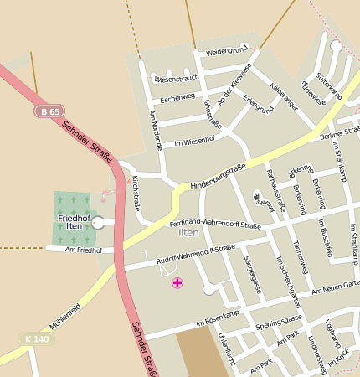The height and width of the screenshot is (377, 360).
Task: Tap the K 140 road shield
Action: coord(37,339)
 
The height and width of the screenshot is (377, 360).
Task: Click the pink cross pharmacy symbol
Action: coord(177,283)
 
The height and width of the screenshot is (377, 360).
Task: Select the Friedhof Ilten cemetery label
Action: coord(74,221)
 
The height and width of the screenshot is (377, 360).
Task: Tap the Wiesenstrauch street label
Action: coord(177,79)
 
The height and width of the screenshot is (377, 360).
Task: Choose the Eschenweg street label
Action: coord(177,98)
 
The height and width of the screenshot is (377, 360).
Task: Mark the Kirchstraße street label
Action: coord(136,194)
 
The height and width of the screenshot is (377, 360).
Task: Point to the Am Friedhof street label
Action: coord(83,250)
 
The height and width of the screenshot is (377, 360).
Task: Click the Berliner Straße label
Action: coord(340,133)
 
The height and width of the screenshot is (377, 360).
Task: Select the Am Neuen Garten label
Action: coord(335,288)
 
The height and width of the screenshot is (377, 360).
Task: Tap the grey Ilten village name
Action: coord(188,233)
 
